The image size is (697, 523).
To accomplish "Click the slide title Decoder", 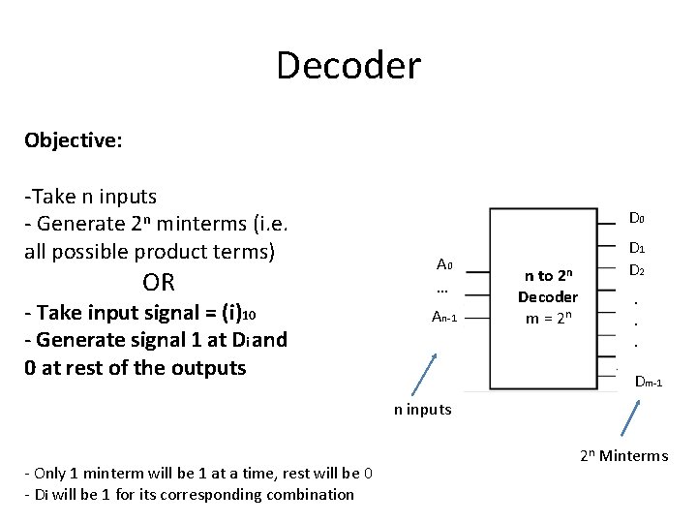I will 348,66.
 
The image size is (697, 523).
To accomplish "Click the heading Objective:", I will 74,140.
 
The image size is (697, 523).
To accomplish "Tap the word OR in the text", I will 159,283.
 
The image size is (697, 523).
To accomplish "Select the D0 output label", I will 637,219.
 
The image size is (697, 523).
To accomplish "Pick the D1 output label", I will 637,249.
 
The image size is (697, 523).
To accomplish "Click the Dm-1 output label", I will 648,383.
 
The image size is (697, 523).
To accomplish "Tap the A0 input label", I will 444,264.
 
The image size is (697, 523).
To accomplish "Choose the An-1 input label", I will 443,316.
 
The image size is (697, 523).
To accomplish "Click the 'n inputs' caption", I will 423,409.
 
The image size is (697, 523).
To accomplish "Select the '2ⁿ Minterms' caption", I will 624,456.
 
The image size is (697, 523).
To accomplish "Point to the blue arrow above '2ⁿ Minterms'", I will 628,418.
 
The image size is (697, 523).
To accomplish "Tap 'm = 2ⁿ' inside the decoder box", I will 547,317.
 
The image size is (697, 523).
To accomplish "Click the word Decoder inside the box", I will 547,296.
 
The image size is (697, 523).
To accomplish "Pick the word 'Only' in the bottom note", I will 50,473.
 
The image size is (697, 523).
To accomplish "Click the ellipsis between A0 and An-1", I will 442,291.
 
